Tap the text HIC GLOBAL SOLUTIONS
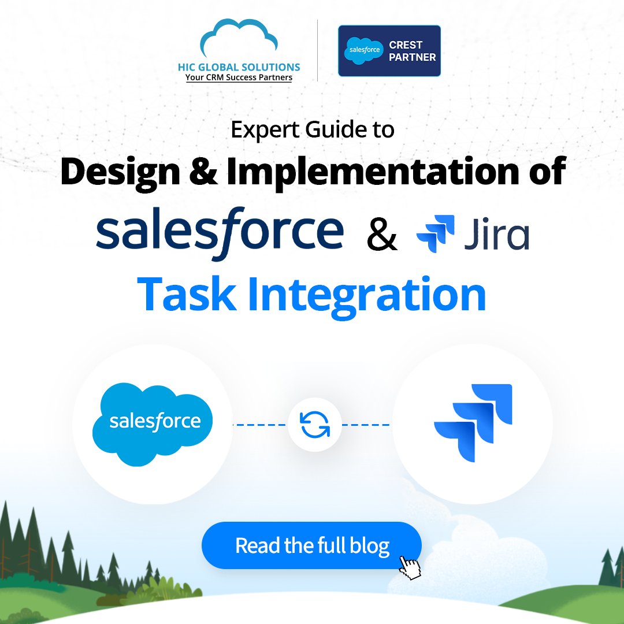point(239,67)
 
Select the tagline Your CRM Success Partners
point(239,77)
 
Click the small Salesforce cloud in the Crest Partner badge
point(364,50)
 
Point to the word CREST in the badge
point(406,44)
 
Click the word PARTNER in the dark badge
point(413,57)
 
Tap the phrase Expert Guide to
point(313,130)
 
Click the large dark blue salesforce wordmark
point(220,233)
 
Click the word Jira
point(497,235)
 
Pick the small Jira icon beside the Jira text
point(436,233)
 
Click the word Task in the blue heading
point(187,295)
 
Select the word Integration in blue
point(367,297)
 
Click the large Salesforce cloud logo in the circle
point(153,424)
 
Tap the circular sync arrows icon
point(315,425)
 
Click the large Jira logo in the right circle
point(473,423)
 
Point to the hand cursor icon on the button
point(410,568)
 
